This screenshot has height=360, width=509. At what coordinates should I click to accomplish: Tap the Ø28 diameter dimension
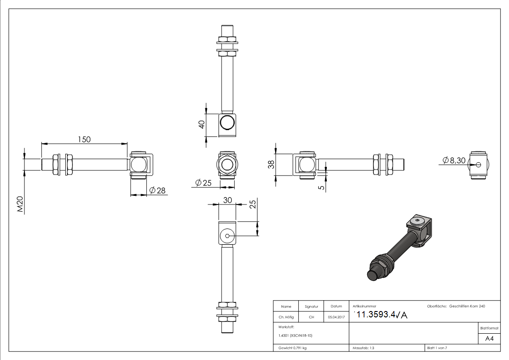[x=157, y=190]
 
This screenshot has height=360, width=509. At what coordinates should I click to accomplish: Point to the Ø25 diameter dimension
[x=204, y=183]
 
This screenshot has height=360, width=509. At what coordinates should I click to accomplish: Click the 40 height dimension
[x=202, y=124]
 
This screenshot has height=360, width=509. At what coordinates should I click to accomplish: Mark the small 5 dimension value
[x=322, y=187]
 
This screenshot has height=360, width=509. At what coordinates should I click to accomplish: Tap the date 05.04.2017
[x=336, y=317]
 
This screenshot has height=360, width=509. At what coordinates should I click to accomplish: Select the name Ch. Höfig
[x=286, y=317]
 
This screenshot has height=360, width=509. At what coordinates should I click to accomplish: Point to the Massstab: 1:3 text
[x=364, y=348]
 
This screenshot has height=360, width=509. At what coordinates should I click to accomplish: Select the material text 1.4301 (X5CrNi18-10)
[x=296, y=336]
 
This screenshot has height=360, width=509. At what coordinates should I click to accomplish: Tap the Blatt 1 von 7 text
[x=437, y=348]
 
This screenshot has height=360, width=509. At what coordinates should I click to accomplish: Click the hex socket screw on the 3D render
[x=417, y=221]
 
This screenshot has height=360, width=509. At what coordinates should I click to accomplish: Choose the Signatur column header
[x=311, y=307]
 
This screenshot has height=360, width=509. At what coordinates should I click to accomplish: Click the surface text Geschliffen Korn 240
[x=467, y=306]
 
